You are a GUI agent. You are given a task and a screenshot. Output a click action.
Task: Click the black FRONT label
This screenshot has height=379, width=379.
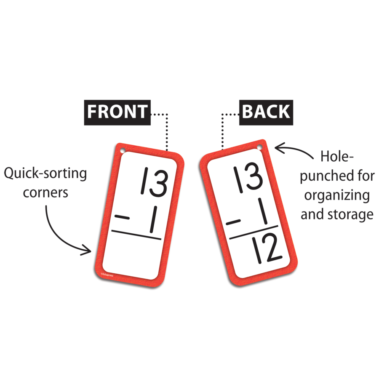coord(117,112)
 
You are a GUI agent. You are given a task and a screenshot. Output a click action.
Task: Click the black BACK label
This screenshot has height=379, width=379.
coord(266,112)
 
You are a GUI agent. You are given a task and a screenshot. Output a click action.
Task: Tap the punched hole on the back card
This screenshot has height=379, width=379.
coord(259,147)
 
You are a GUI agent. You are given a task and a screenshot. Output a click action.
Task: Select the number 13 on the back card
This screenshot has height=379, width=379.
coord(248,178)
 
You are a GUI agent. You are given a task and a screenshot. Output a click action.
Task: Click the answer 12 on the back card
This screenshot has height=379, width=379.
coord(267,249)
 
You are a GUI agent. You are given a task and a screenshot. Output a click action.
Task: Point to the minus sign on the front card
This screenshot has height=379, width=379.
coord(122,217)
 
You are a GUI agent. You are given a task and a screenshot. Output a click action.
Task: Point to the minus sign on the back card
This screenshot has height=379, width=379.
coord(233,222)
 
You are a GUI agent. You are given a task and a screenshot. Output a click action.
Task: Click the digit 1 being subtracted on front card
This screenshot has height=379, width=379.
coord(153,219)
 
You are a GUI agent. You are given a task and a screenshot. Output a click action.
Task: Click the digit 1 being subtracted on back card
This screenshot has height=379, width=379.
coord(262,211)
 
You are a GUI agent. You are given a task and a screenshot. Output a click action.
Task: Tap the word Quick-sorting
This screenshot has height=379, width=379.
coord(45,173)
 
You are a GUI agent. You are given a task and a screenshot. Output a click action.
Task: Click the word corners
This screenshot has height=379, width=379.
coord(45,193)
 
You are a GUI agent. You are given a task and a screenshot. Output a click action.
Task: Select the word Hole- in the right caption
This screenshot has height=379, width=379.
coord(337,156)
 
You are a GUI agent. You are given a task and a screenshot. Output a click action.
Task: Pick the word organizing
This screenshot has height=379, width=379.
coord(337,195)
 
